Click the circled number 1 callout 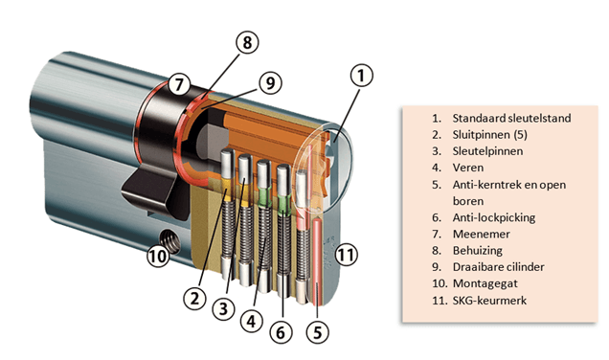pos(361,76)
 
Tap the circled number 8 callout pos(247,42)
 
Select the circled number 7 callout pos(179,84)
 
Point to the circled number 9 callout pos(270,82)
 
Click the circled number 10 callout pos(158,257)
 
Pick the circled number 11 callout pos(346,255)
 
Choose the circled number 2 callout pos(194,299)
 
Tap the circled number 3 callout pos(223,309)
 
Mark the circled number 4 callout pos(252,322)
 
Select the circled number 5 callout pos(318,332)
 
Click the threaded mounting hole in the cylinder pos(170,239)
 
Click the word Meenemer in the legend pos(482,235)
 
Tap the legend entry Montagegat pos(485,283)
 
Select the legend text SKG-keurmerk pos(489,301)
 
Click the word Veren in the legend pos(468,168)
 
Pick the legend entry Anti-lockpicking pos(494,217)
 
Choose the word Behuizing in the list pos(477,251)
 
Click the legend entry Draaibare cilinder pos(498,267)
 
